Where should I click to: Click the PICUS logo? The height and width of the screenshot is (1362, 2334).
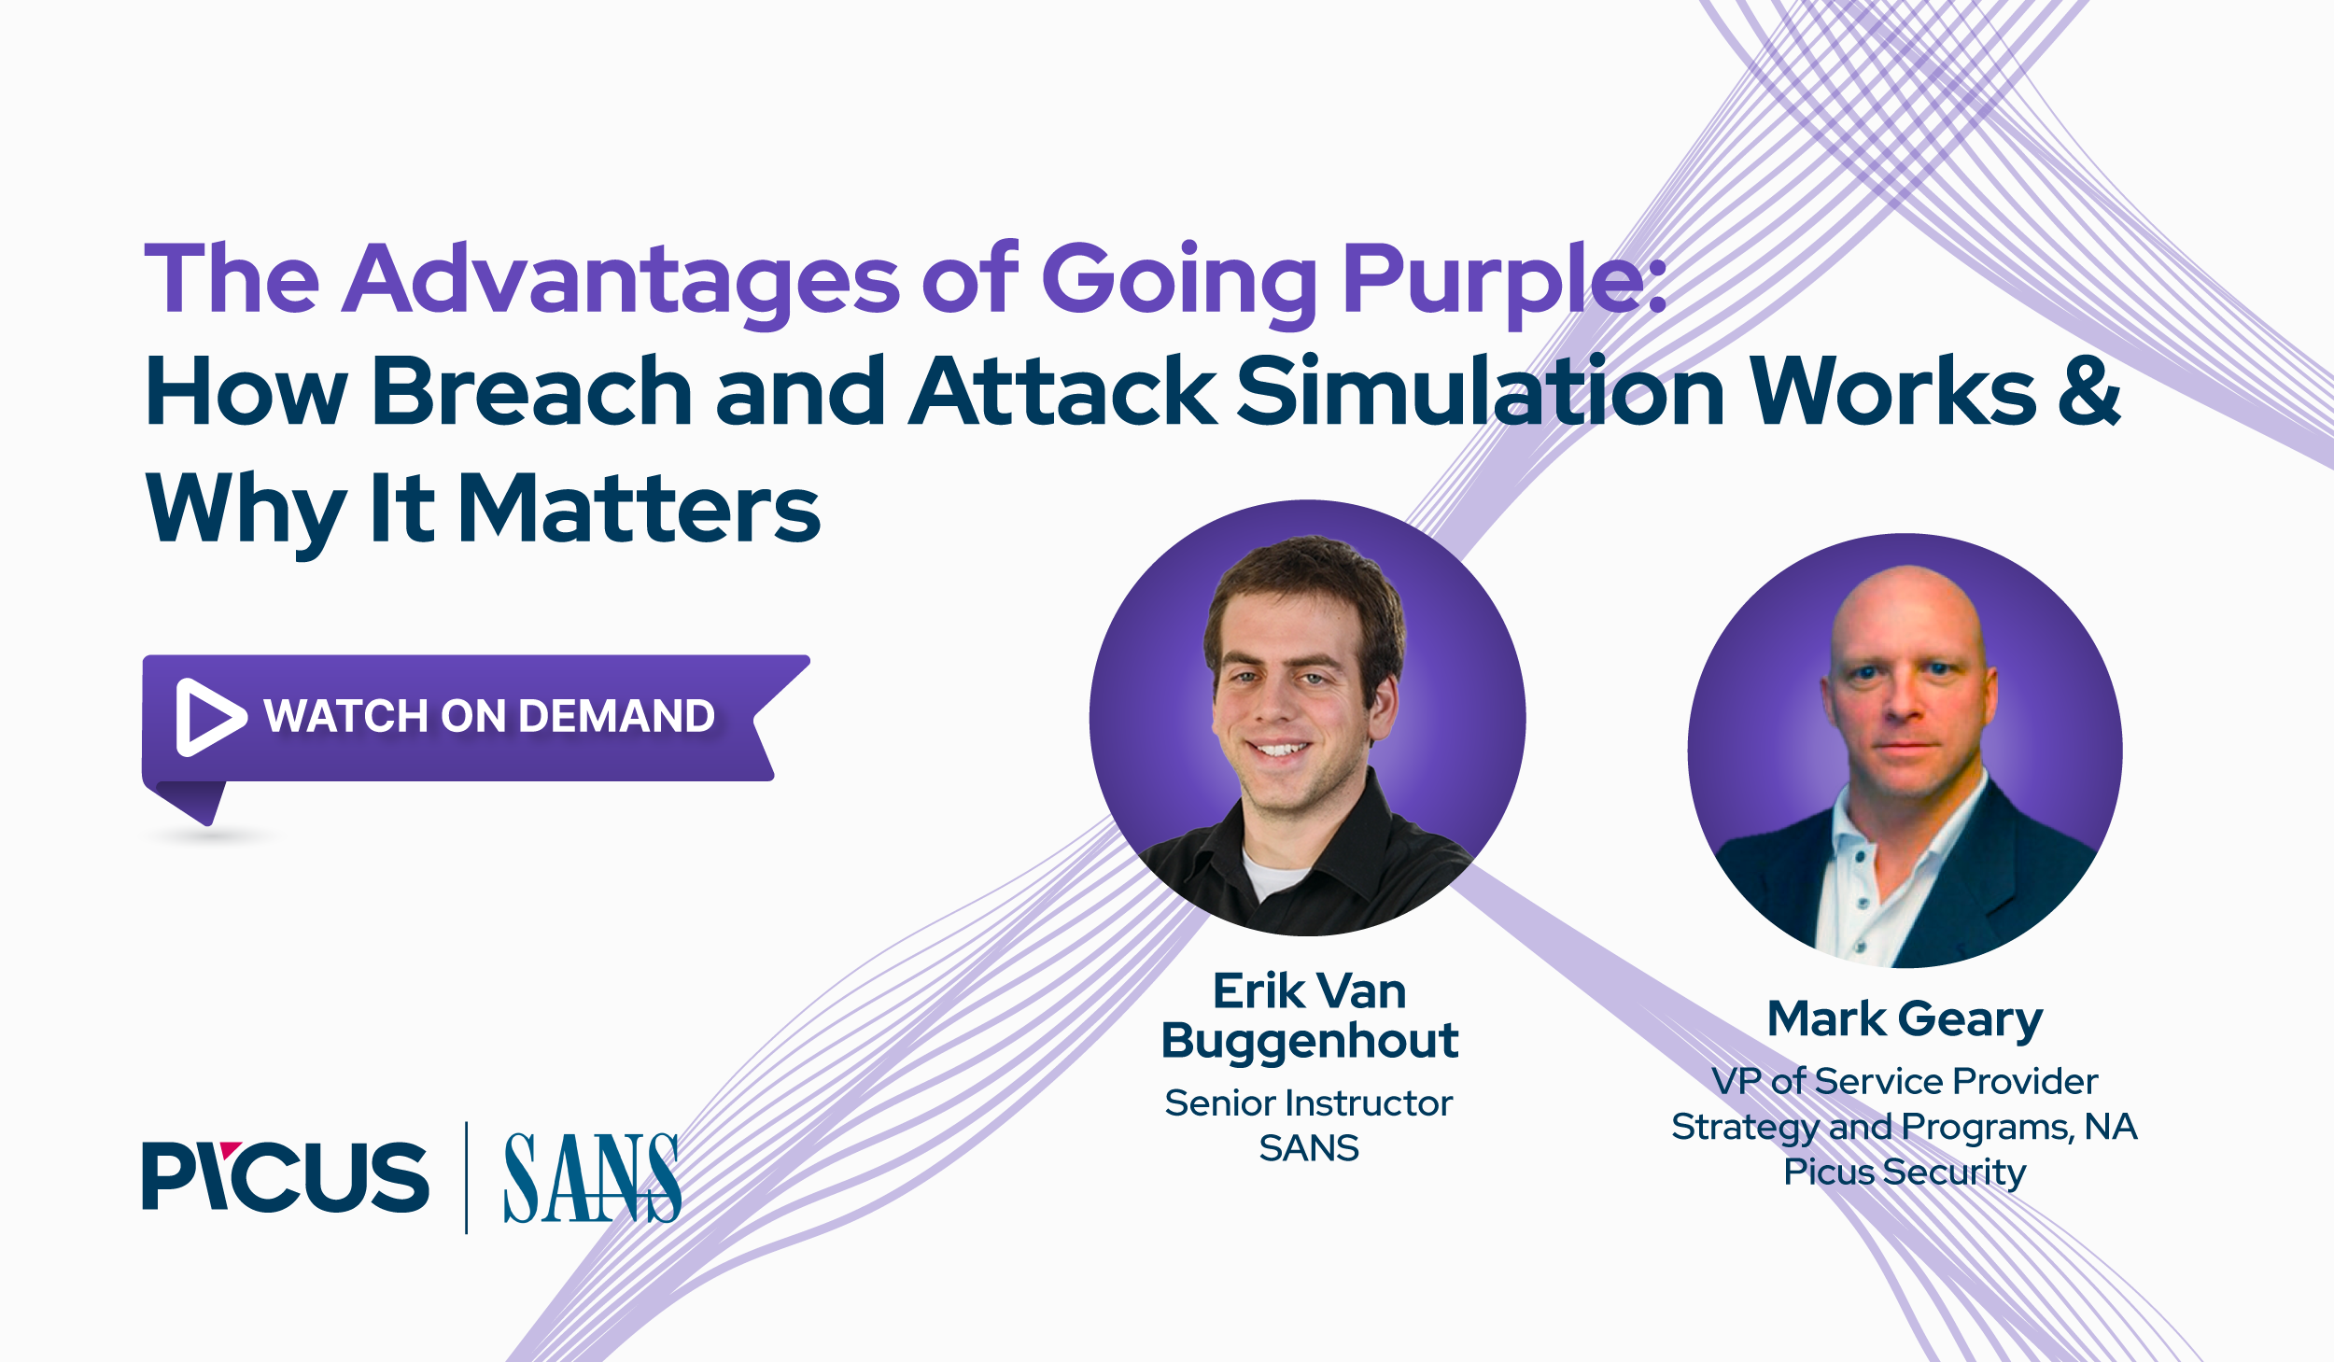coord(285,1176)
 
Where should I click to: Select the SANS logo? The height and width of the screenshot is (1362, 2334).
coord(592,1178)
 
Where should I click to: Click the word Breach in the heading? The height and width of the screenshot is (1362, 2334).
coord(532,392)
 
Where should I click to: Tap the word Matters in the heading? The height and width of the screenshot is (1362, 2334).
coord(640,509)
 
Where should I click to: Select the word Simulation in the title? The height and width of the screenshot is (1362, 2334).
coord(1480,392)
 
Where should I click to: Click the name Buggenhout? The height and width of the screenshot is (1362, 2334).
coord(1309,1041)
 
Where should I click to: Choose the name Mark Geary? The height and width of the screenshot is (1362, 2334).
coord(1905,1018)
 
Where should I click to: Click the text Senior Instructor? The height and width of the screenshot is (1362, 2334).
coord(1309,1103)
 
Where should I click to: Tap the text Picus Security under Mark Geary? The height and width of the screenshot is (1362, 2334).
coord(1905,1172)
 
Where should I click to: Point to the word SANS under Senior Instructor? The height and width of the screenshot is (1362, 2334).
coord(1309,1148)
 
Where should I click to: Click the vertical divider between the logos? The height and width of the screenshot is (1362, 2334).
coord(466,1178)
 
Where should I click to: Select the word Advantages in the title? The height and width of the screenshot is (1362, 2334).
coord(621,280)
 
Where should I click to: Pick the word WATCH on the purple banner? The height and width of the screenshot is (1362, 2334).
coord(345,717)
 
